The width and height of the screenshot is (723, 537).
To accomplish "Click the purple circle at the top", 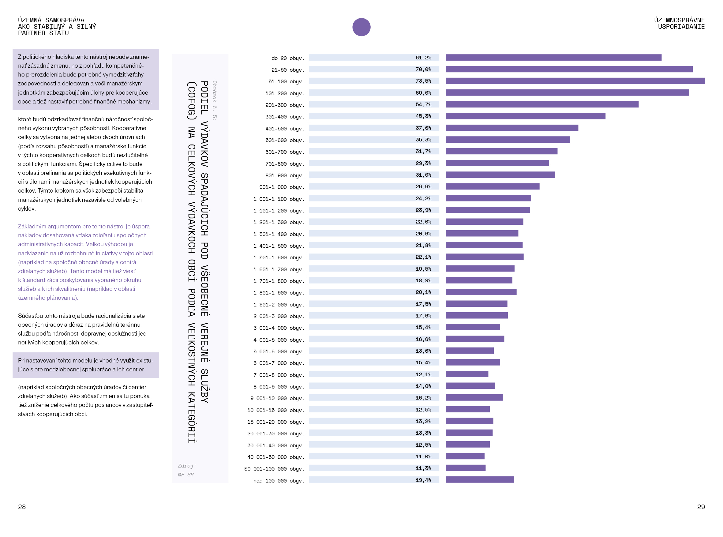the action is tap(361, 27).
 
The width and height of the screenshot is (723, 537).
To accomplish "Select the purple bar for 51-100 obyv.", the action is tap(575, 81).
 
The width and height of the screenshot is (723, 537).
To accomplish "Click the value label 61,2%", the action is tap(423, 58).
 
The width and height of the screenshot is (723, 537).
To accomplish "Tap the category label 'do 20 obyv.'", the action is tap(288, 58).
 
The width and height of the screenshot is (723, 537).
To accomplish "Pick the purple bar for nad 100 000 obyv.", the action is tap(480, 479).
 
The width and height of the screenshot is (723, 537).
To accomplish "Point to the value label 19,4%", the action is tap(423, 480).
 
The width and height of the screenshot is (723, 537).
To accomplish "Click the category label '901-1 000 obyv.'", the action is tap(282, 187).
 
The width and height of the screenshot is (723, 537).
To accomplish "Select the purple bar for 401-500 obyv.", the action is tap(512, 128).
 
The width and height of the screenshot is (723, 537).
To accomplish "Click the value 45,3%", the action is tap(423, 116).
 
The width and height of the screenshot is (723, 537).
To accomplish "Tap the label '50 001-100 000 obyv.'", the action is tap(274, 469).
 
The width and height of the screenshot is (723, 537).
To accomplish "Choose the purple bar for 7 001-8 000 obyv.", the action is tap(466, 374).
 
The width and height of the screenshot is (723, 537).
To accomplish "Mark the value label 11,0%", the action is tap(423, 456).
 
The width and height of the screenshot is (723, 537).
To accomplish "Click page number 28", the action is tap(22, 507).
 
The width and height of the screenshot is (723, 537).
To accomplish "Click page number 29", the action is tap(701, 507).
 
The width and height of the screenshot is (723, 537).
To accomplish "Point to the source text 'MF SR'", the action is tap(185, 475).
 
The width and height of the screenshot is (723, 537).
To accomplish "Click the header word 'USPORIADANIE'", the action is tap(681, 27).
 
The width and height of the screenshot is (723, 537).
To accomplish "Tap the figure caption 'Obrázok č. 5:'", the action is tap(215, 101).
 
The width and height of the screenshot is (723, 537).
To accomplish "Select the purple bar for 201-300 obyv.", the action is tap(542, 104).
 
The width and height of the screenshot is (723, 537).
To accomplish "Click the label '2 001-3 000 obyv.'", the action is tap(279, 316).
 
